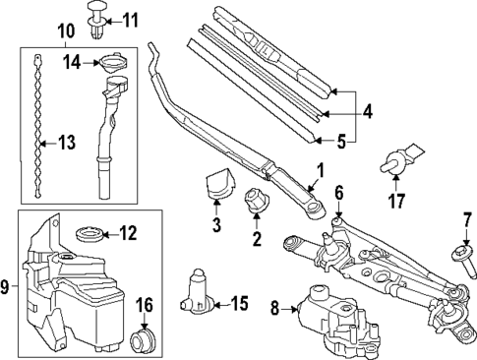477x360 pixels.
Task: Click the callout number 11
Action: click(131, 21)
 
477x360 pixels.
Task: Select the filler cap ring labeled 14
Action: click(113, 63)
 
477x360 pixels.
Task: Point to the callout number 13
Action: click(67, 143)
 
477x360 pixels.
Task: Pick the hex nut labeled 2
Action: click(257, 200)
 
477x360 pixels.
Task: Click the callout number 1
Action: click(320, 171)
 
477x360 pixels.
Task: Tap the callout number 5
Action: click(341, 143)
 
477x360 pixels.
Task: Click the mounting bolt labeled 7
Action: click(464, 262)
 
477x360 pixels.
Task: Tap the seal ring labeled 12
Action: click(89, 234)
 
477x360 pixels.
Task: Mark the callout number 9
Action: click(4, 287)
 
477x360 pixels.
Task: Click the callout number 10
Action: click(67, 31)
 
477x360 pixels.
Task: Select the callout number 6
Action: click(339, 192)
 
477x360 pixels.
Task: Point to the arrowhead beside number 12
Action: click(105, 234)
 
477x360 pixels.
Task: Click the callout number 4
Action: click(368, 111)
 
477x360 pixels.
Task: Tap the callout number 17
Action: click(396, 201)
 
